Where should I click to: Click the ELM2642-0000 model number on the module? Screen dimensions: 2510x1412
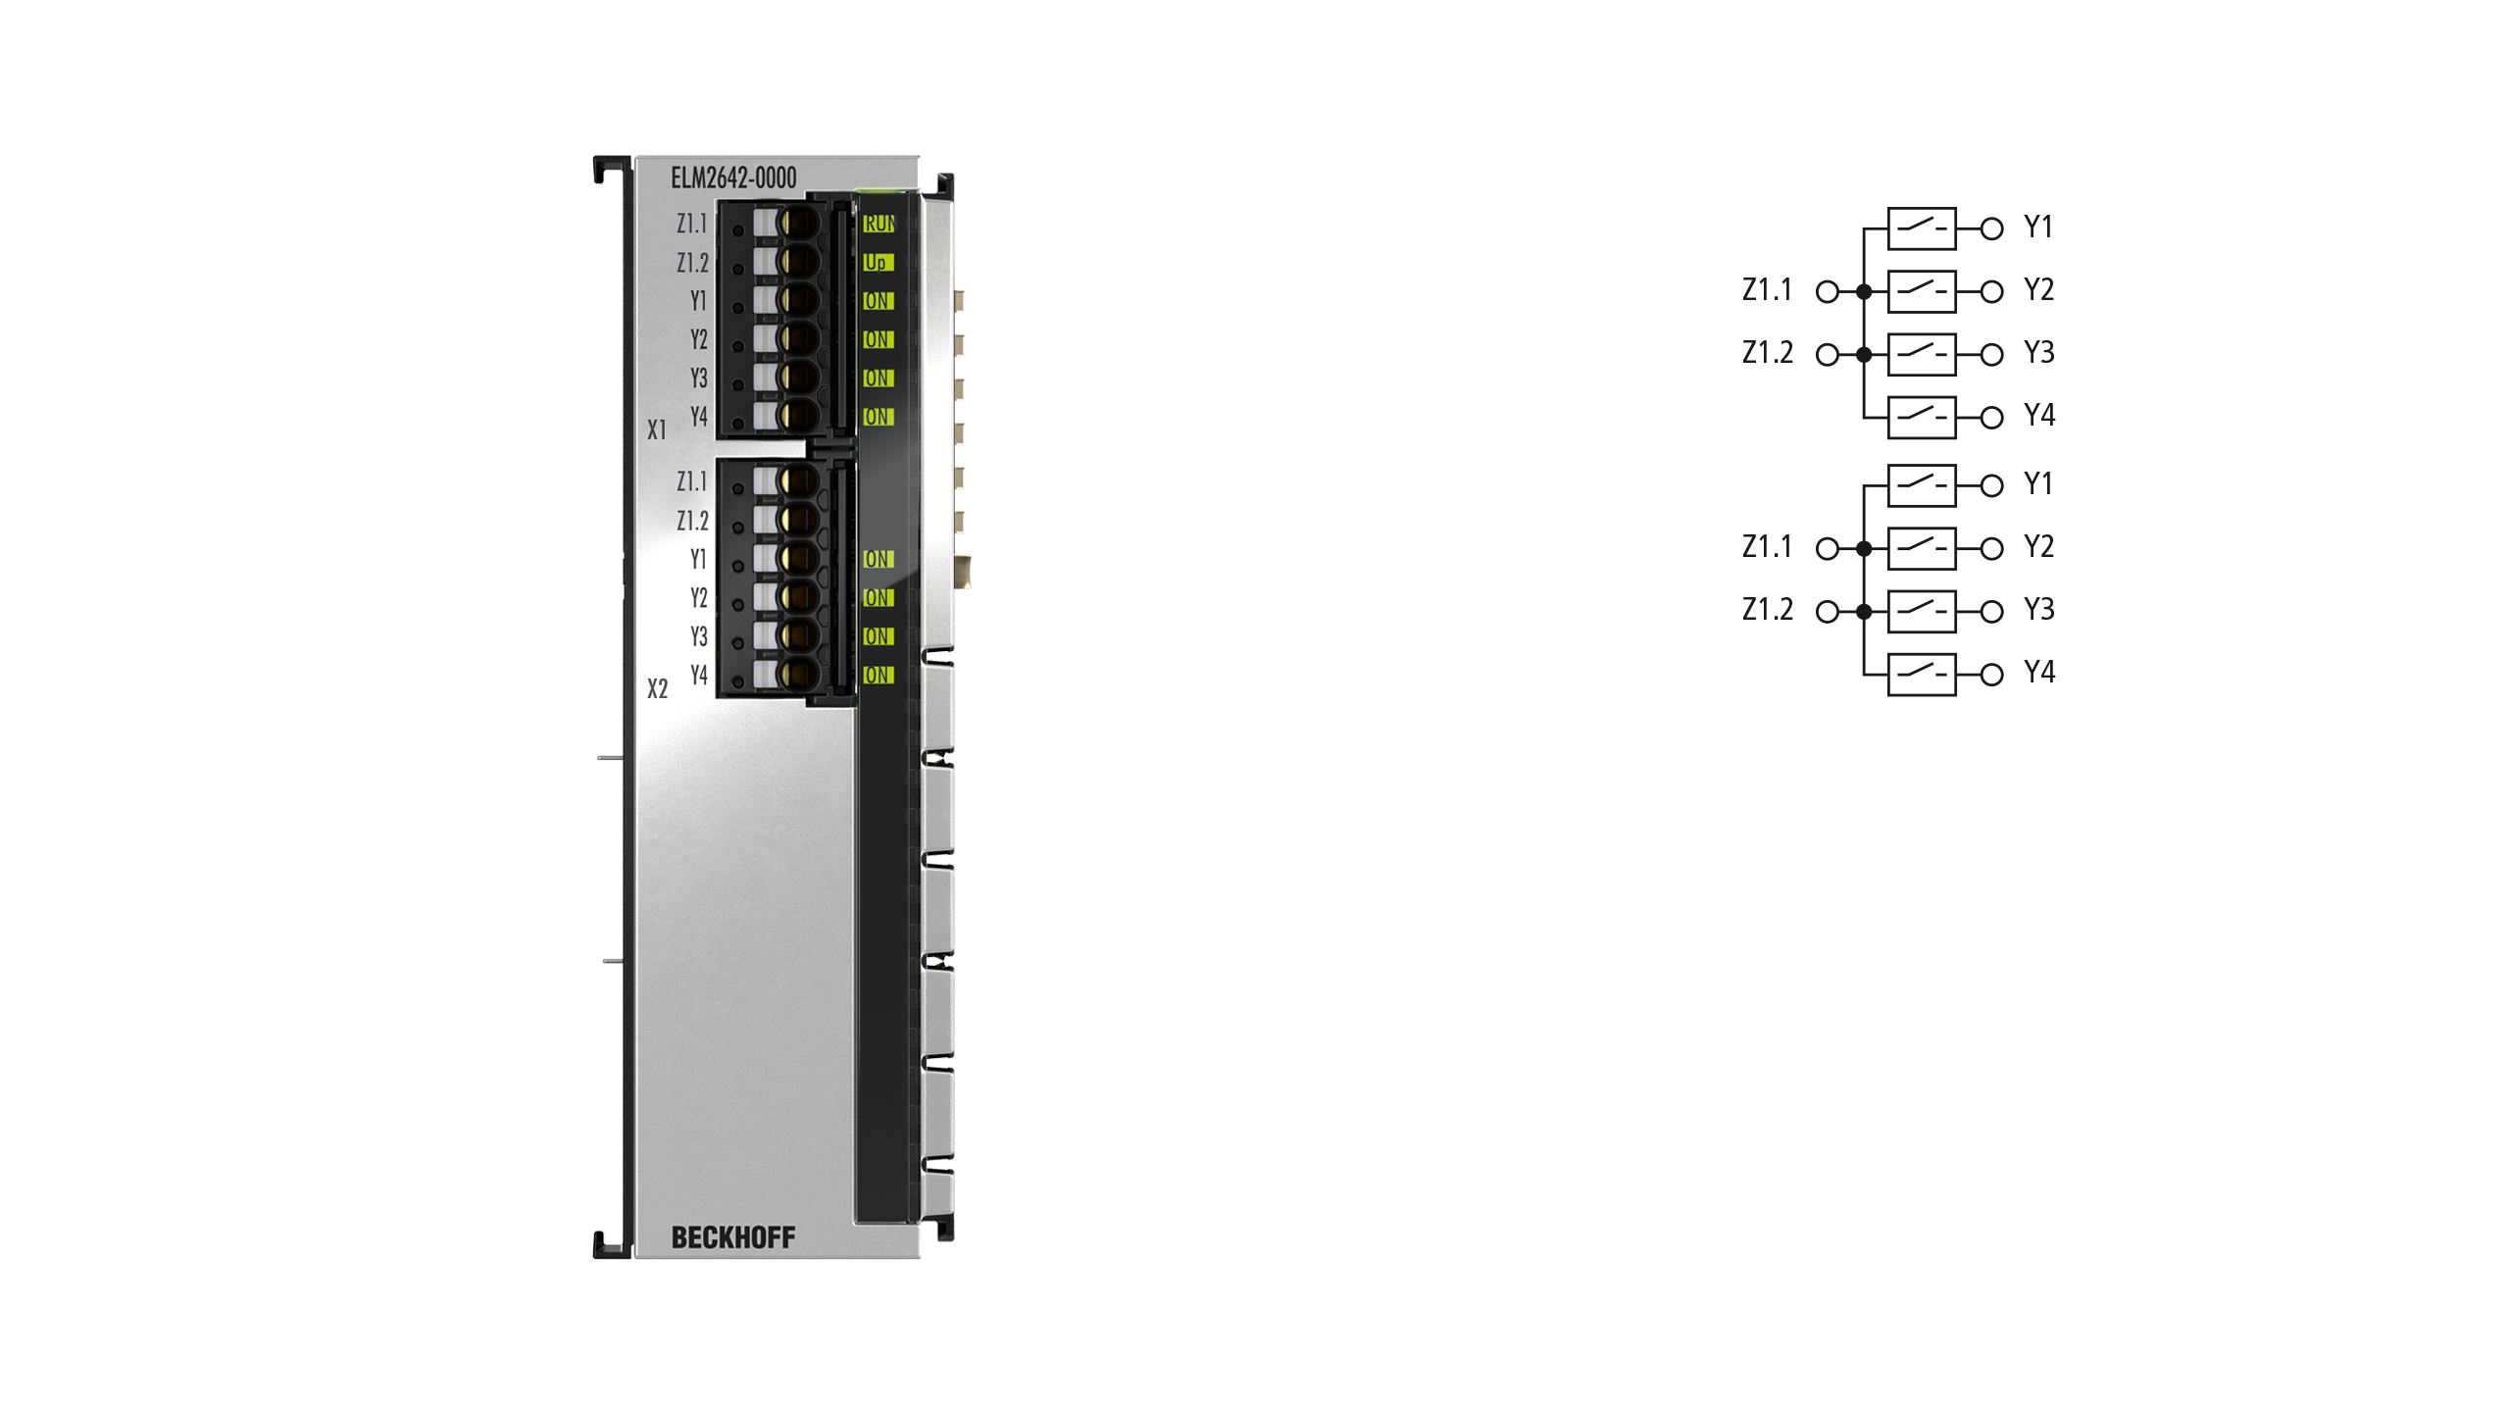pyautogui.click(x=733, y=177)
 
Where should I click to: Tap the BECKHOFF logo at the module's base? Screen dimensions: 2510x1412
pyautogui.click(x=733, y=1237)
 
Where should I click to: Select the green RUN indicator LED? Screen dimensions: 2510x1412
pyautogui.click(x=878, y=224)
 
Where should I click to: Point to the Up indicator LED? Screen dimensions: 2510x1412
pyautogui.click(x=878, y=263)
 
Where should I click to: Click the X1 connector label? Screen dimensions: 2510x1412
pyautogui.click(x=657, y=429)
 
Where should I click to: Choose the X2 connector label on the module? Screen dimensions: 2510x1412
pyautogui.click(x=657, y=688)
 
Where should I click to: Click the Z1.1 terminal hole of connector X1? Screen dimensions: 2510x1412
pyautogui.click(x=799, y=223)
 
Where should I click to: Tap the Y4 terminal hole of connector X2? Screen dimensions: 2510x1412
pyautogui.click(x=799, y=675)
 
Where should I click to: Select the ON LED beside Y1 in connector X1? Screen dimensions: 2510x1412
pyautogui.click(x=878, y=301)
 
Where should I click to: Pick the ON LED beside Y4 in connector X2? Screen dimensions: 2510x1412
pyautogui.click(x=878, y=675)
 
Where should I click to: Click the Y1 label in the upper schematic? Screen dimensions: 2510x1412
pyautogui.click(x=2038, y=227)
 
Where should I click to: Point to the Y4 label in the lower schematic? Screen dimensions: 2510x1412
pyautogui.click(x=2039, y=673)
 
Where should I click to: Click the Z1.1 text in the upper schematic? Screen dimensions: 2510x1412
pyautogui.click(x=1767, y=290)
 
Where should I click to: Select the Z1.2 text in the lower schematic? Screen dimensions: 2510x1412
pyautogui.click(x=1768, y=610)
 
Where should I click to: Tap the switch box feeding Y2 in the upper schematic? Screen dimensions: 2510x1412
pyautogui.click(x=1922, y=291)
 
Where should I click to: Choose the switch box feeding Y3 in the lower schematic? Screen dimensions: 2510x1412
pyautogui.click(x=1922, y=611)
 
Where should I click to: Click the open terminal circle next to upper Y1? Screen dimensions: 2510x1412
pyautogui.click(x=1991, y=229)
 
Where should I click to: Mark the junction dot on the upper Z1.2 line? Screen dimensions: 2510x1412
pyautogui.click(x=1864, y=354)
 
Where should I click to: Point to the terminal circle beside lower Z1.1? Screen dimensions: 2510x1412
pyautogui.click(x=1828, y=549)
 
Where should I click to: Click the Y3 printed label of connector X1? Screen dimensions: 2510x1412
pyautogui.click(x=698, y=378)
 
